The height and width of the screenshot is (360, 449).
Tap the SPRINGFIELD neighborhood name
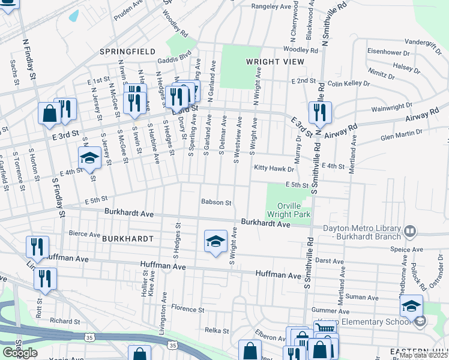tap(127, 52)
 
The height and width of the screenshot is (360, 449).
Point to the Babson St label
tap(216, 203)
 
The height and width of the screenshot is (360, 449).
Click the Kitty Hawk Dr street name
tap(273, 169)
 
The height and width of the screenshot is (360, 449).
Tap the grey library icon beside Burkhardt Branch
tap(410, 230)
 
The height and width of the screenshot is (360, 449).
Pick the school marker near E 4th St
tap(89, 158)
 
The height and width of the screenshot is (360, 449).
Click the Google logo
tap(19, 353)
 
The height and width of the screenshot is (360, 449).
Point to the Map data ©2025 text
tap(423, 356)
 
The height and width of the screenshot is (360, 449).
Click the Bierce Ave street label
tap(84, 233)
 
